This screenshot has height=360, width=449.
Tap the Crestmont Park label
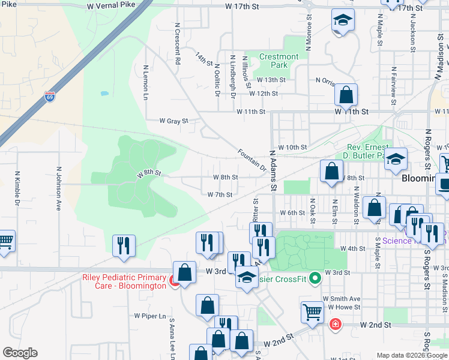coord(279,61)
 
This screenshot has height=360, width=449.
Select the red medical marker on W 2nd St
coord(335,325)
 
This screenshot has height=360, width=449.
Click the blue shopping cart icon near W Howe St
coord(313,312)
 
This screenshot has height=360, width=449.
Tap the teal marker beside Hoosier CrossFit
coord(313,278)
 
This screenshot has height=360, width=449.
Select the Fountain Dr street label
coord(252,159)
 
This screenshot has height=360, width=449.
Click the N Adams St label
coord(273,170)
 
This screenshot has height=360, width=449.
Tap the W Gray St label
coord(173,121)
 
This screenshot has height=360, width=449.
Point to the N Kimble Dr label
coord(18,187)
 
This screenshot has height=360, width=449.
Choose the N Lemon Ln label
coord(145,82)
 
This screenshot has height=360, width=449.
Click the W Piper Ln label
coord(149,316)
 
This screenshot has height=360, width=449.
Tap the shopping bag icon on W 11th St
coord(346,95)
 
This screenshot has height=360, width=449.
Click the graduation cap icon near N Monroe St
coord(343,22)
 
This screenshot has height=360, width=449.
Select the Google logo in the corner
coord(20,353)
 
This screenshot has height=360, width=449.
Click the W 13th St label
coord(271,80)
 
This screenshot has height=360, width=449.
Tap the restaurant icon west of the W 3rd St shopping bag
coord(124,246)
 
